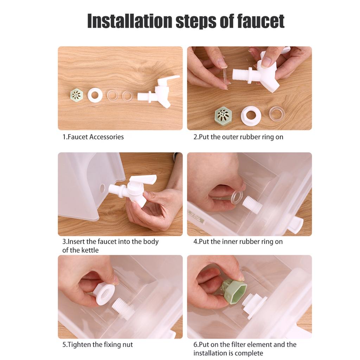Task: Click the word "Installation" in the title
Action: tap(130, 21)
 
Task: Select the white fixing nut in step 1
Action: tap(95, 95)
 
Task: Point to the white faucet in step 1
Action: tap(159, 92)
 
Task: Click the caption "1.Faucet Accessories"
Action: tap(93, 137)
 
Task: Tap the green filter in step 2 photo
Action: tap(223, 115)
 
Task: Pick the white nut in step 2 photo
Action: tap(251, 116)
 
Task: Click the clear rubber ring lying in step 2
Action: tap(277, 114)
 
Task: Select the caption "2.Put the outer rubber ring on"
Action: tap(238, 137)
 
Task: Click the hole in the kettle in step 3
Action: tap(102, 188)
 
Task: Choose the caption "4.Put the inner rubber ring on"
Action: tap(238, 242)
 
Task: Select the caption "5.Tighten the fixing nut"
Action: tap(98, 345)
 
